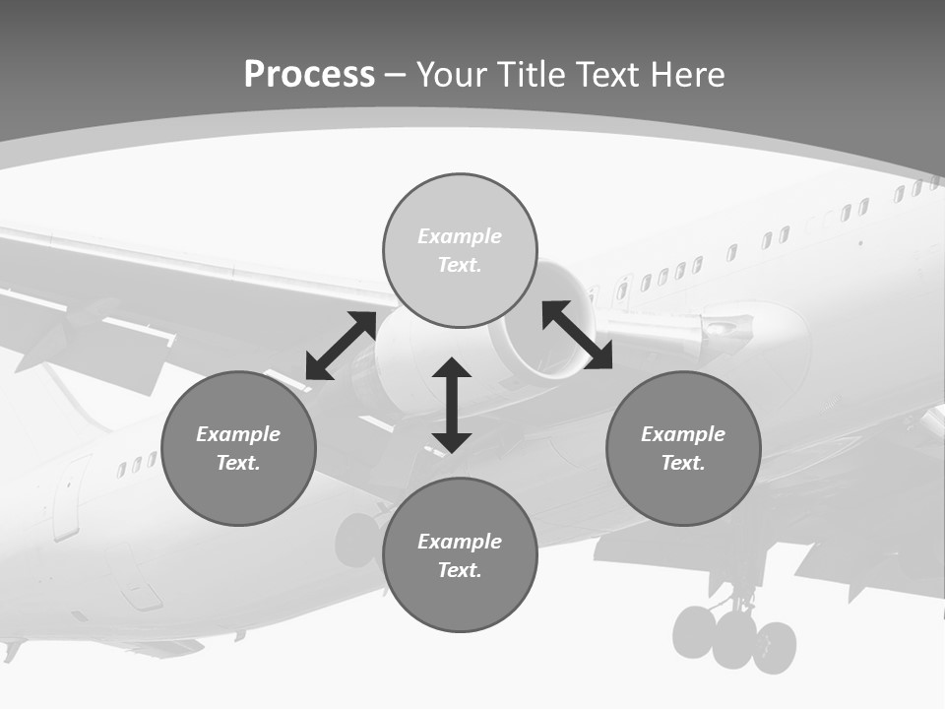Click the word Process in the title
[x=309, y=75]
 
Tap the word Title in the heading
[x=533, y=75]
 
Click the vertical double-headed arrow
[x=452, y=405]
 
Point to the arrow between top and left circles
[x=341, y=346]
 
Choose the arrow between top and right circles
[x=577, y=335]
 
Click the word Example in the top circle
[x=460, y=236]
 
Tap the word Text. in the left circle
[x=238, y=463]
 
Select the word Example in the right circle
[x=683, y=434]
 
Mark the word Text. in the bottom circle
[x=460, y=570]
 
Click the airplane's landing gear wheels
[x=734, y=638]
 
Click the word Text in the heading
[x=608, y=75]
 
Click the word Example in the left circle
[x=238, y=434]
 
